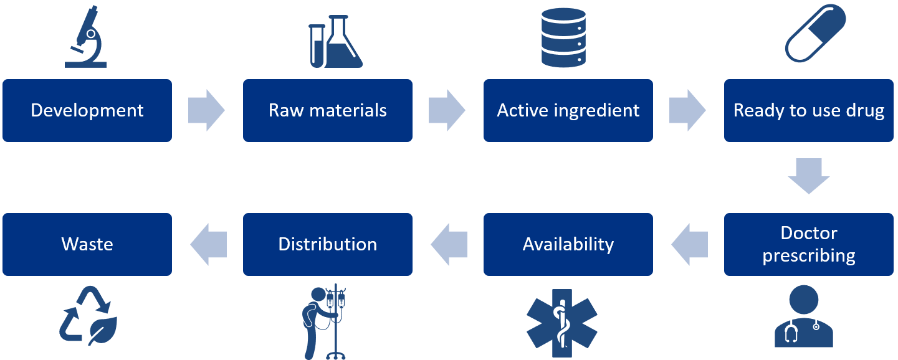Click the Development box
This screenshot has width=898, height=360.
tap(87, 111)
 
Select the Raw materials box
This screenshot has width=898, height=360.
tap(328, 111)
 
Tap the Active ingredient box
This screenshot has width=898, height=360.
tap(568, 111)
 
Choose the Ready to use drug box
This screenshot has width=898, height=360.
tap(809, 111)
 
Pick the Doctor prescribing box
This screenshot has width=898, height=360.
tap(809, 244)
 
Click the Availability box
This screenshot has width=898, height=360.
tap(568, 244)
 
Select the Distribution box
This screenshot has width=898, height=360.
tap(328, 244)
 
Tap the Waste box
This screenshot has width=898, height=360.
tap(87, 244)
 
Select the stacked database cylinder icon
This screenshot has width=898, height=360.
tap(563, 37)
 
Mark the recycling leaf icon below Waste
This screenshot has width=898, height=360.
tap(87, 316)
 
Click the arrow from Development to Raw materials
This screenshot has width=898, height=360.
tap(207, 111)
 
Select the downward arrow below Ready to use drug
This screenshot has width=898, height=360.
tap(809, 176)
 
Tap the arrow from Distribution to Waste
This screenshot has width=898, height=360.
tap(208, 244)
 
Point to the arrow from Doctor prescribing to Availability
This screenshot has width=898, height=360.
tap(689, 244)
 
